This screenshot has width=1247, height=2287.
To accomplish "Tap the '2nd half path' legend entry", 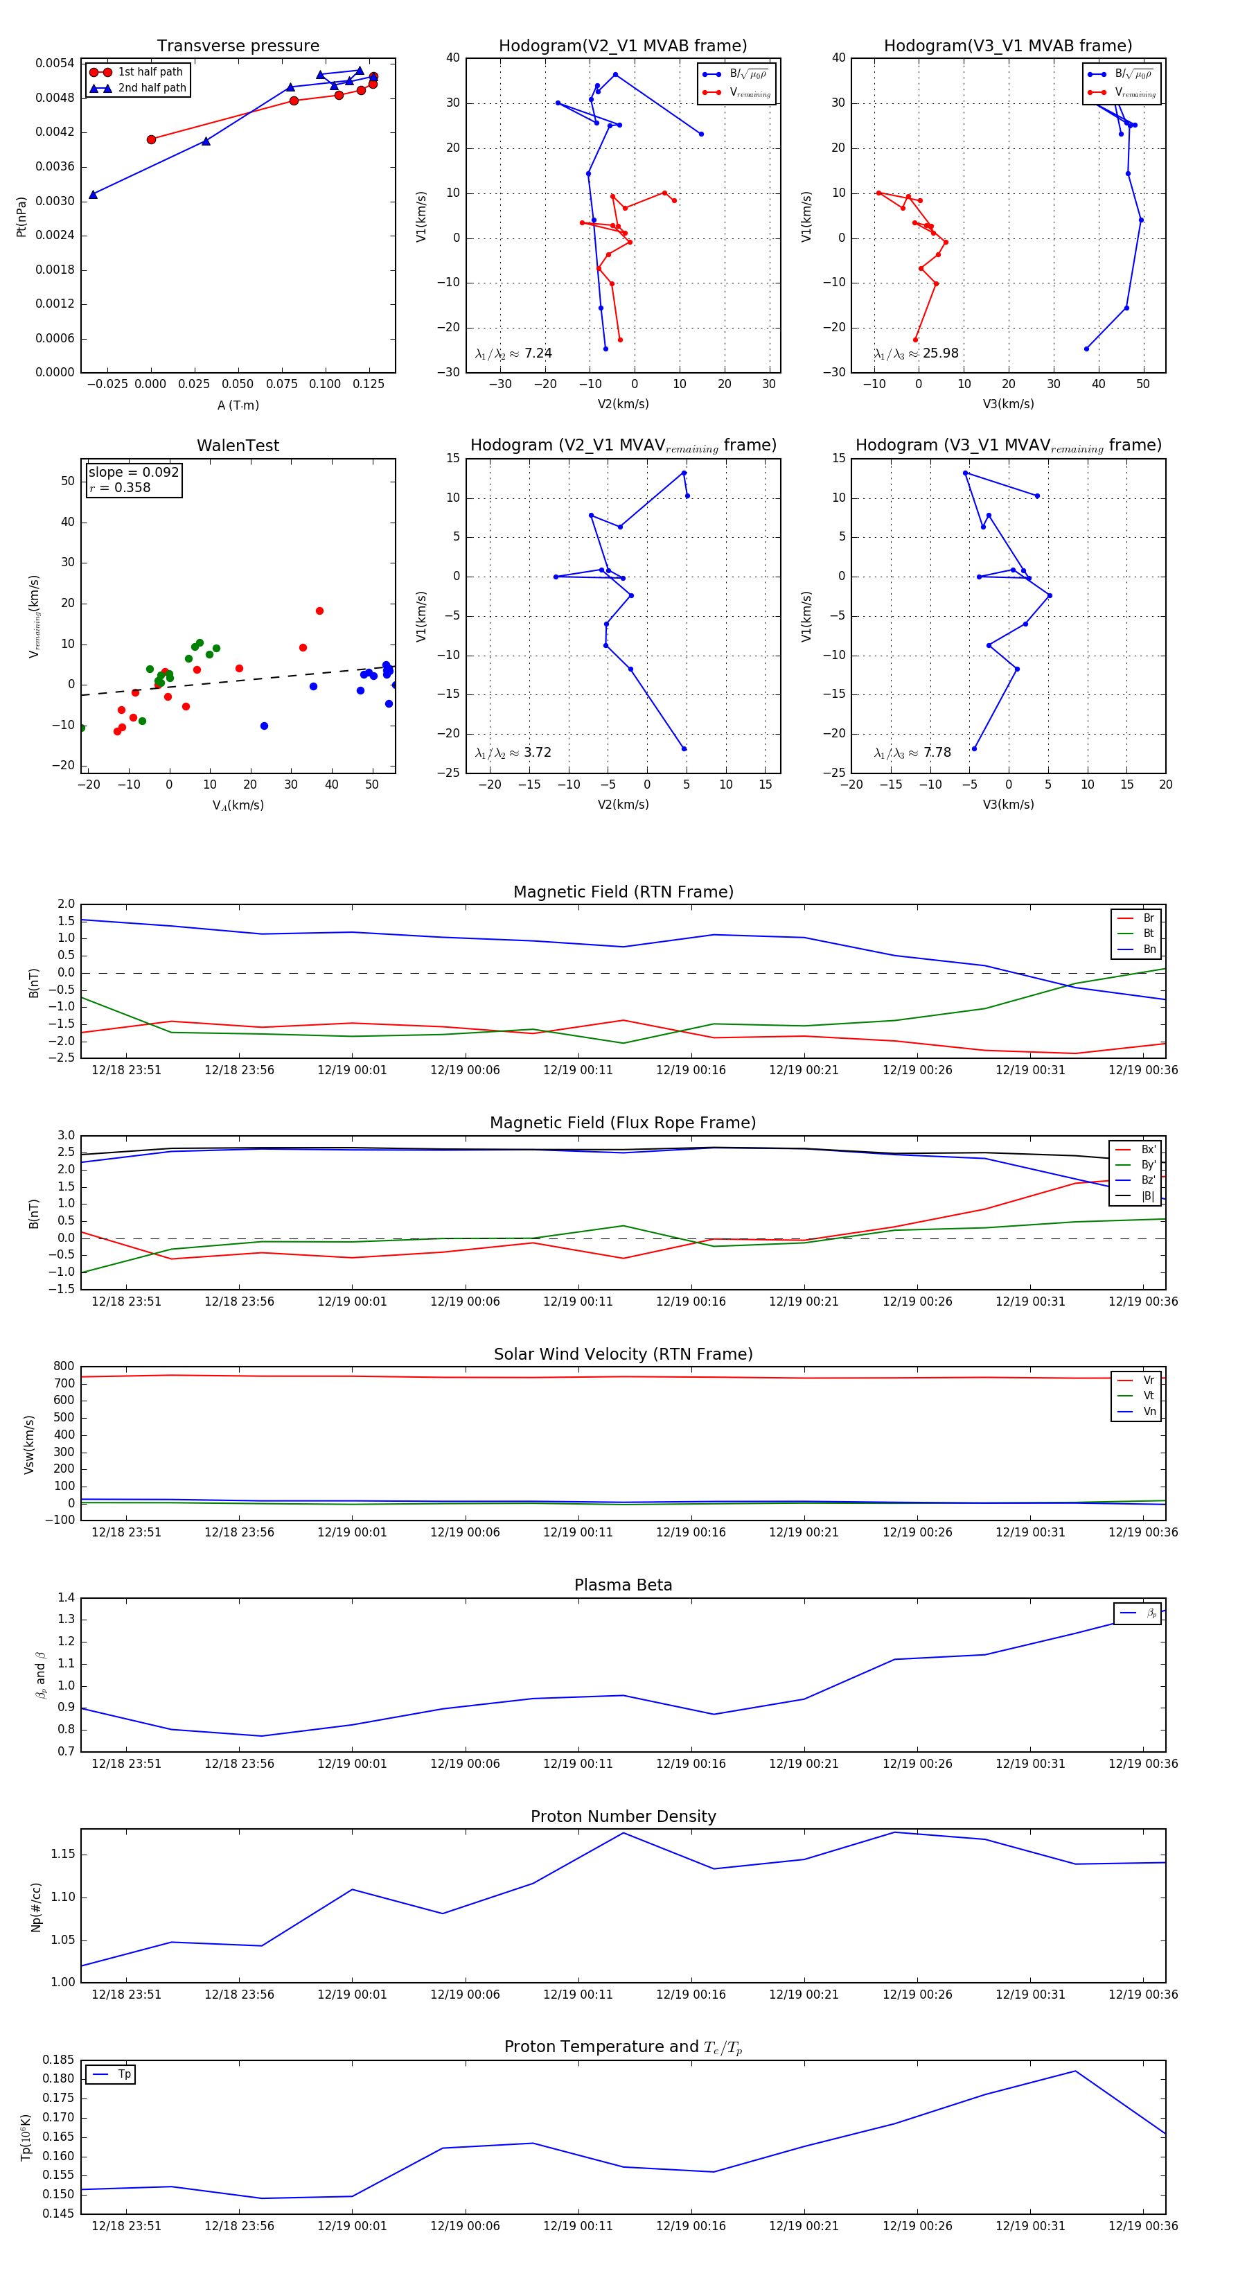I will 152,88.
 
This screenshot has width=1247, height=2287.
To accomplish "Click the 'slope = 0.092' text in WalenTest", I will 133,473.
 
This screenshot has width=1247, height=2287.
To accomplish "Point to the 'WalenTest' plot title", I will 238,446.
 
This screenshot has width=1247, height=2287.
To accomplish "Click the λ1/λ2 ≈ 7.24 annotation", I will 513,353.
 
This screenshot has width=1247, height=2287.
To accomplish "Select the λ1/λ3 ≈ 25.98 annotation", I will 916,353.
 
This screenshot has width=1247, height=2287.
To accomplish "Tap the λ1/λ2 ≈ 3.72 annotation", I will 513,753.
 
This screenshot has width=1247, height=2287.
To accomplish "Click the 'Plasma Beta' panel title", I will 623,1586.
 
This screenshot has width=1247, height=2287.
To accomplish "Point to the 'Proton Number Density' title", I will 623,1816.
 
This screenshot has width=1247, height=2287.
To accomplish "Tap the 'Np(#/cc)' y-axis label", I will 35,1906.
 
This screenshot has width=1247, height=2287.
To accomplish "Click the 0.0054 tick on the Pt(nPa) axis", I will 54,63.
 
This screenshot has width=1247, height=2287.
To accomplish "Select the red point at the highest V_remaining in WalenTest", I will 319,611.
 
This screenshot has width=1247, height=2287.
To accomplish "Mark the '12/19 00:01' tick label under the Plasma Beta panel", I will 353,1763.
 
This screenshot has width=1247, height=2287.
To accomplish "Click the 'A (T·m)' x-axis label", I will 238,405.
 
